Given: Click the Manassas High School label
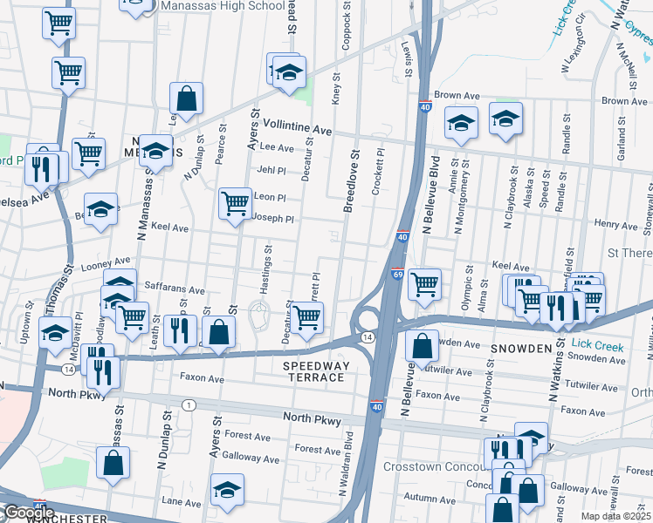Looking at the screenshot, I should [223, 6].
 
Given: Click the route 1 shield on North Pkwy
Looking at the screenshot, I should [189, 404].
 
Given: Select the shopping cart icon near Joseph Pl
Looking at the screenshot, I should [235, 204].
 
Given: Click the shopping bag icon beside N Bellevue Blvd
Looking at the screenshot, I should [422, 344].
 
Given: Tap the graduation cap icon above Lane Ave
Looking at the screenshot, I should [228, 489].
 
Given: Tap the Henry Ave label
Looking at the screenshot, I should [616, 225].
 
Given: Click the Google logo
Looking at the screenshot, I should [28, 513].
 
